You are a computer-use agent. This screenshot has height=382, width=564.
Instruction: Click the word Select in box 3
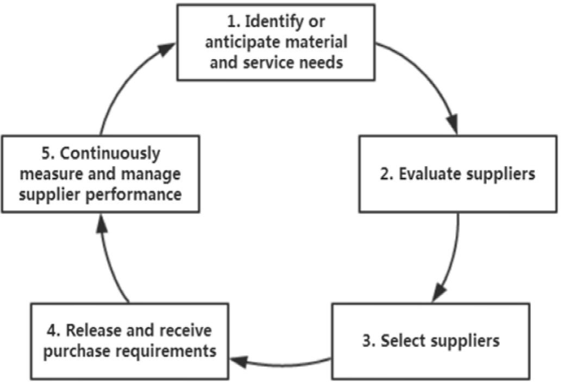point(404,341)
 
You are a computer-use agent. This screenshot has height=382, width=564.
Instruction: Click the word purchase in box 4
point(76,350)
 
